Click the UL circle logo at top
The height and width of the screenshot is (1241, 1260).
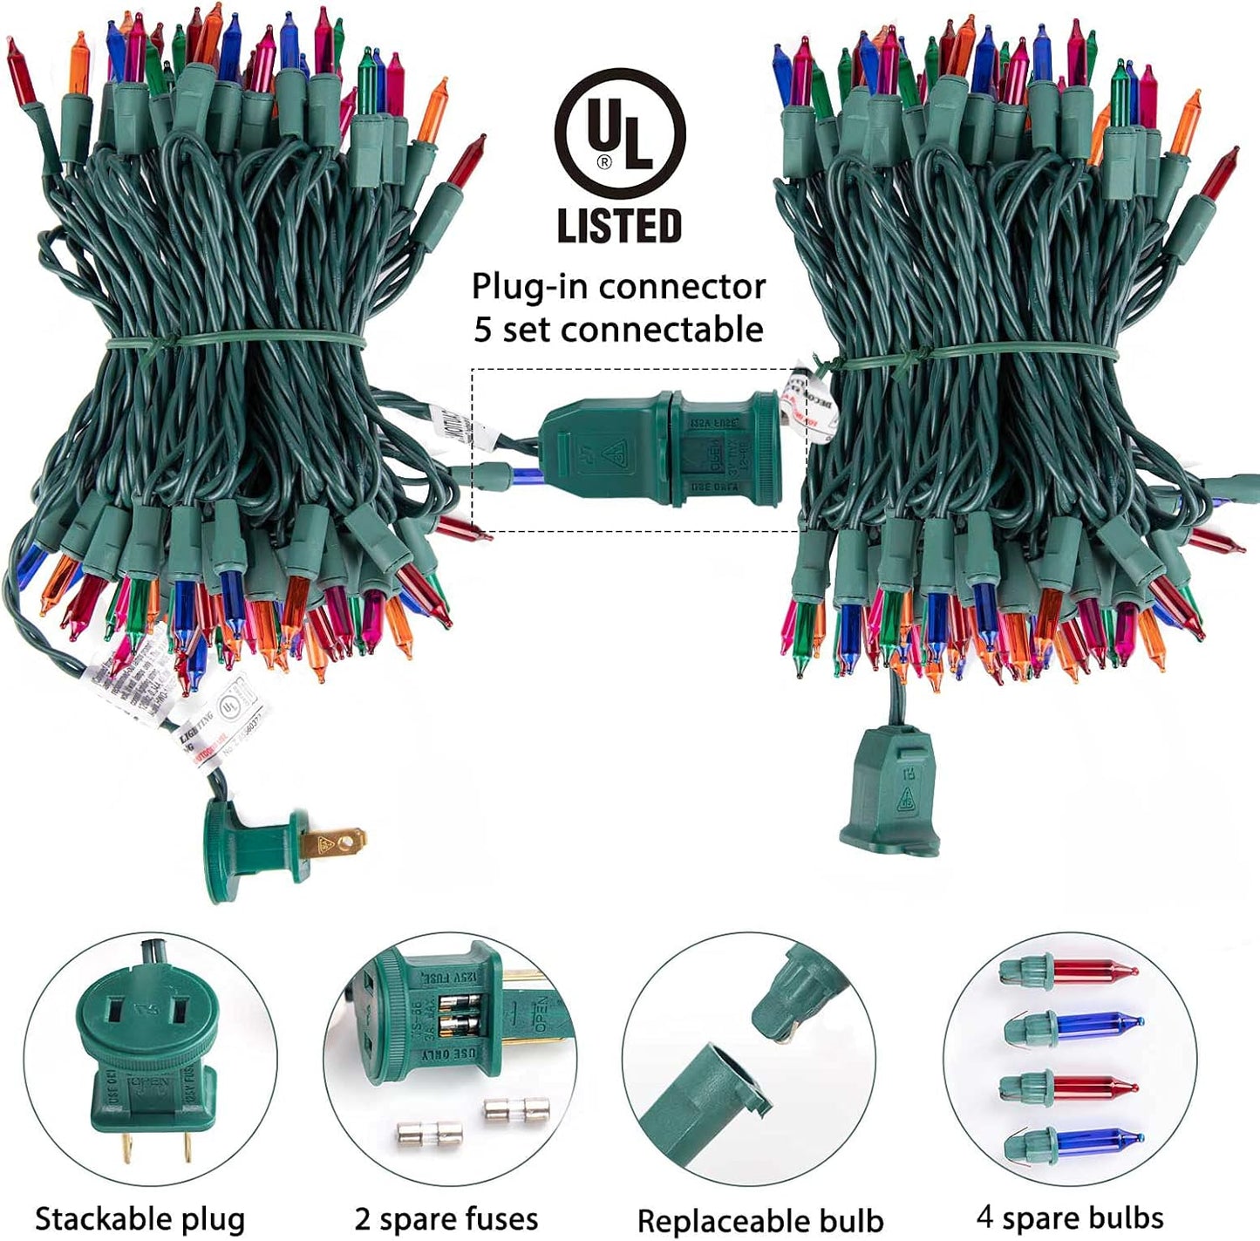620,133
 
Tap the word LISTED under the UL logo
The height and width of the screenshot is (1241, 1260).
619,225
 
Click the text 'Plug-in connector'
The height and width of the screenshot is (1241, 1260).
618,286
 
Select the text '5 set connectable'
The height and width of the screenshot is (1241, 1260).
618,330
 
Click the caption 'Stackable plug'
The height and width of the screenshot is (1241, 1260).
140,1218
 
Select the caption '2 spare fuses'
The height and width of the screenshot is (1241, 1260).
446,1218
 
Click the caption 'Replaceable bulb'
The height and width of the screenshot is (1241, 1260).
760,1220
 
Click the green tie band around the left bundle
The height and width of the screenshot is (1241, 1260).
235,342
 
